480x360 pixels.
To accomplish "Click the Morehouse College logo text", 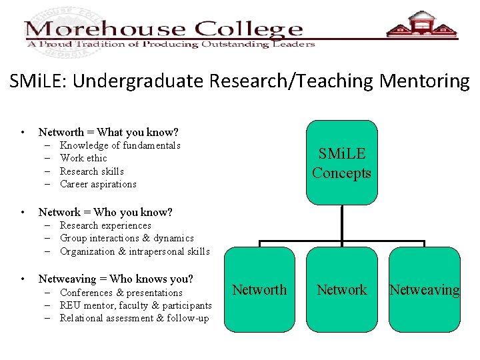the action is click(164, 30).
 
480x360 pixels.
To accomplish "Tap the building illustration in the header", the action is click(422, 27).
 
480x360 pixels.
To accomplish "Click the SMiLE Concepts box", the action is click(341, 163).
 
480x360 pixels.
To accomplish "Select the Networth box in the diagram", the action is click(259, 289).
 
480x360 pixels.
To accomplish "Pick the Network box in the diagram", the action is click(341, 289).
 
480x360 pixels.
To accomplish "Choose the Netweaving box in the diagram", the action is click(425, 289).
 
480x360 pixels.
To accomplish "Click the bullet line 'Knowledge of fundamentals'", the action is click(120, 145).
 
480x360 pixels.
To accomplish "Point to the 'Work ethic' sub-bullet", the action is click(83, 158).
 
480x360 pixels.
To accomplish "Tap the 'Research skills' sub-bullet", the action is click(92, 171).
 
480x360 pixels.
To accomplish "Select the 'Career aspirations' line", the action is click(98, 184).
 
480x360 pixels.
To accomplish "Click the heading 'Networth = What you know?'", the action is click(108, 133).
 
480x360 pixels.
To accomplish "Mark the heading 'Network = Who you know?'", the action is click(105, 212).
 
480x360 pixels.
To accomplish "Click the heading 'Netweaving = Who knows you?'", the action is click(116, 279).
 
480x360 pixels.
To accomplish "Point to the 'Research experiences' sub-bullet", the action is click(105, 225).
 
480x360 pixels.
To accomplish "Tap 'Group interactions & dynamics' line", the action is click(127, 238).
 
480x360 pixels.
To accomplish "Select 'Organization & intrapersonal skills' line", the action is click(135, 251).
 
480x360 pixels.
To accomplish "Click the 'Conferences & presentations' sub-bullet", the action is click(121, 293).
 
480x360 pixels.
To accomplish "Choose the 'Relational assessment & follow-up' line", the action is click(134, 318).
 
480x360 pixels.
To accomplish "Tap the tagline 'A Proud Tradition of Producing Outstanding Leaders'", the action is click(171, 44).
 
